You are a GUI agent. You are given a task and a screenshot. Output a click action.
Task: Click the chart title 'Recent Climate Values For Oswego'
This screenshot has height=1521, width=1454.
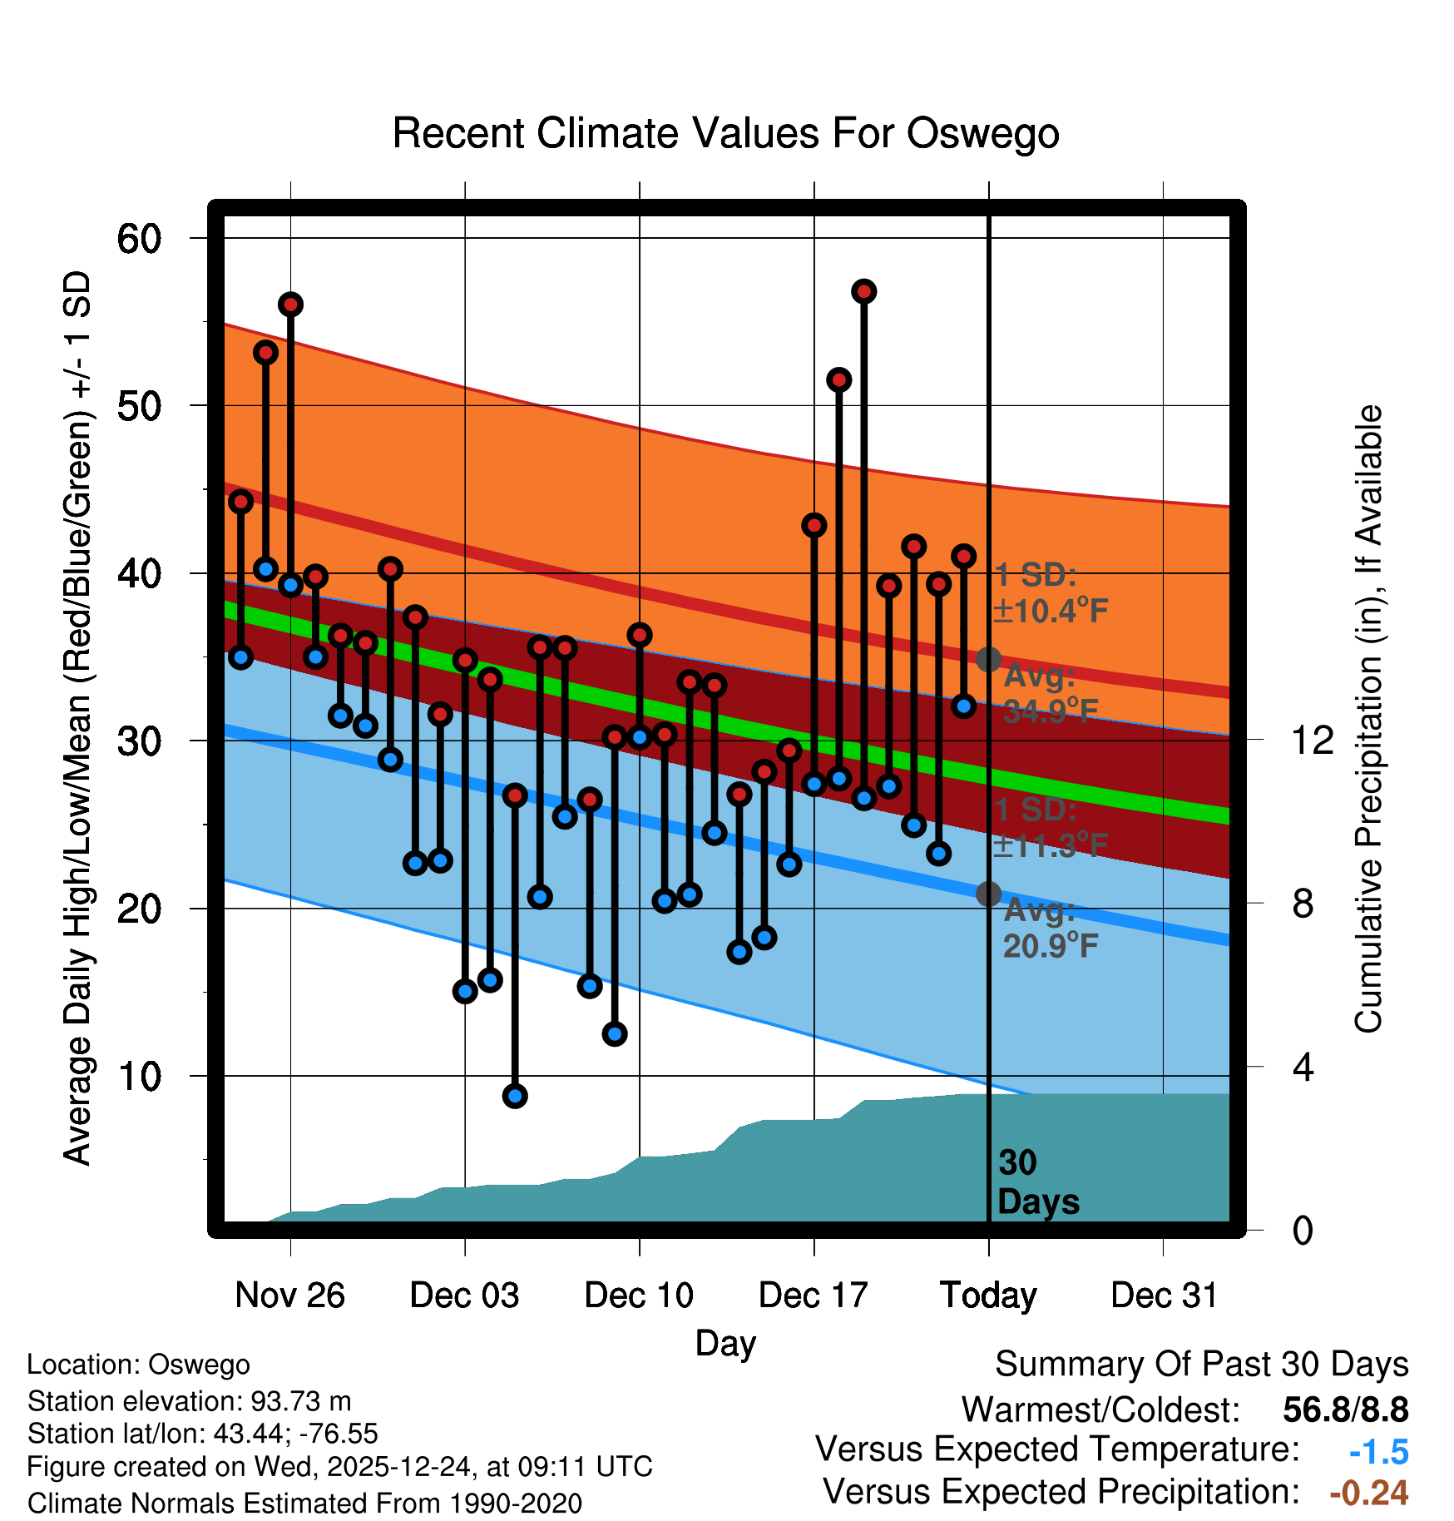(725, 133)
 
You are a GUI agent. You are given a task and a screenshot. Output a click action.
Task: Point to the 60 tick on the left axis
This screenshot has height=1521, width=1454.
(139, 240)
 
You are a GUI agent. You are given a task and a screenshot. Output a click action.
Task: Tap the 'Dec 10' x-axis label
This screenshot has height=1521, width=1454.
(639, 1296)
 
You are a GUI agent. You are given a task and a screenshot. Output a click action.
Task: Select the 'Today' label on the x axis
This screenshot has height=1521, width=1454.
(988, 1296)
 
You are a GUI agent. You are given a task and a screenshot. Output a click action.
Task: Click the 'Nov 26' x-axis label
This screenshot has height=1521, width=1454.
(289, 1296)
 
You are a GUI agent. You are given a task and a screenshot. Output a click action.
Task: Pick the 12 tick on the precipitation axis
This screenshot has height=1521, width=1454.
(1312, 740)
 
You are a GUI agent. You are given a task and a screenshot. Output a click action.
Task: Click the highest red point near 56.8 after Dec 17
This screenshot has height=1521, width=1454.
(864, 291)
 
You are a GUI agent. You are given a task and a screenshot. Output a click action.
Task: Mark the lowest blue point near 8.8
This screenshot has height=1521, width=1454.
(515, 1096)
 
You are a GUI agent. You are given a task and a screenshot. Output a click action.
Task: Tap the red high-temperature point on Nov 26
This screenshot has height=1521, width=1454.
(290, 305)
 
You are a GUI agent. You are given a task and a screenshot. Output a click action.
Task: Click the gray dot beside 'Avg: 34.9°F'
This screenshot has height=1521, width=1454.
(988, 659)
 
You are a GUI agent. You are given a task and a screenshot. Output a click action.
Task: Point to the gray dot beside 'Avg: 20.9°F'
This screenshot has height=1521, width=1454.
(988, 894)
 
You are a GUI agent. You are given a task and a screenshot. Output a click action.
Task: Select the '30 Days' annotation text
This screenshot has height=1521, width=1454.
(1037, 1182)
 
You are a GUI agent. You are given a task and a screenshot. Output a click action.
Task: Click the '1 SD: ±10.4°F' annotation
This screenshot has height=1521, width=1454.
(1050, 592)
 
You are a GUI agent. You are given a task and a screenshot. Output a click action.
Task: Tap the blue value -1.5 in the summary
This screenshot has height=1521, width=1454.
(1378, 1452)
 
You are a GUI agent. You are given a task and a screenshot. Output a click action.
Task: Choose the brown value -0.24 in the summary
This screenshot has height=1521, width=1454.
(1369, 1493)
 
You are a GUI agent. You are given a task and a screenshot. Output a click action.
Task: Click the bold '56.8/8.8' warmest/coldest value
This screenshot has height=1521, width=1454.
(1345, 1410)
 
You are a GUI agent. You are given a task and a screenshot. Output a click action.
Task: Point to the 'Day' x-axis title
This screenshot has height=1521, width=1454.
(725, 1343)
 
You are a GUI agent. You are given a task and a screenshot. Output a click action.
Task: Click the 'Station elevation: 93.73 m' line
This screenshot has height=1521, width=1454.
(190, 1401)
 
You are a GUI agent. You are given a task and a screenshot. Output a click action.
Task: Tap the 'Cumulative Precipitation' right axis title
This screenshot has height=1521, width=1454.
(1368, 719)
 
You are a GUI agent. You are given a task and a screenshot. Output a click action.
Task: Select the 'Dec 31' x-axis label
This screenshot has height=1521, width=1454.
(1164, 1296)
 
